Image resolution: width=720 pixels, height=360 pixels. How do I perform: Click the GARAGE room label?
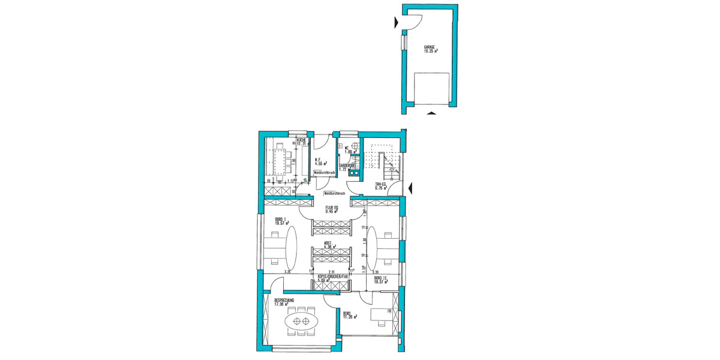pyautogui.click(x=430, y=47)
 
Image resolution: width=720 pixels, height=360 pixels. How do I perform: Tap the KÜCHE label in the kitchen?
pyautogui.click(x=301, y=140)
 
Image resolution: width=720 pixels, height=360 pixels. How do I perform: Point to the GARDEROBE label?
pyautogui.click(x=349, y=165)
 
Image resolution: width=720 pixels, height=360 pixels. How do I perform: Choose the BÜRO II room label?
pyautogui.click(x=379, y=278)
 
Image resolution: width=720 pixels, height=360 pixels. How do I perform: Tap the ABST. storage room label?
pyautogui.click(x=328, y=243)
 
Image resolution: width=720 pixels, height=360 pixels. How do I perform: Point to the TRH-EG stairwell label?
pyautogui.click(x=380, y=184)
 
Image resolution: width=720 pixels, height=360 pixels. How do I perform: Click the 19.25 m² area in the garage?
pyautogui.click(x=430, y=52)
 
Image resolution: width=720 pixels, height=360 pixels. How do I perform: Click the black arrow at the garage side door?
pyautogui.click(x=395, y=23)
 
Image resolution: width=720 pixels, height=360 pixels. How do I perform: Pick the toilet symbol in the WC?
pyautogui.click(x=355, y=146)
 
